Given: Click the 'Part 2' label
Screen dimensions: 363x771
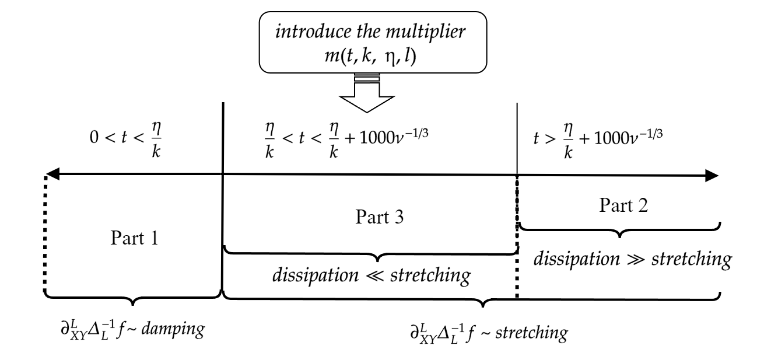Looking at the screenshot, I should [621, 205].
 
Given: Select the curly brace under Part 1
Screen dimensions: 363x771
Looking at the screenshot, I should [134, 298].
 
